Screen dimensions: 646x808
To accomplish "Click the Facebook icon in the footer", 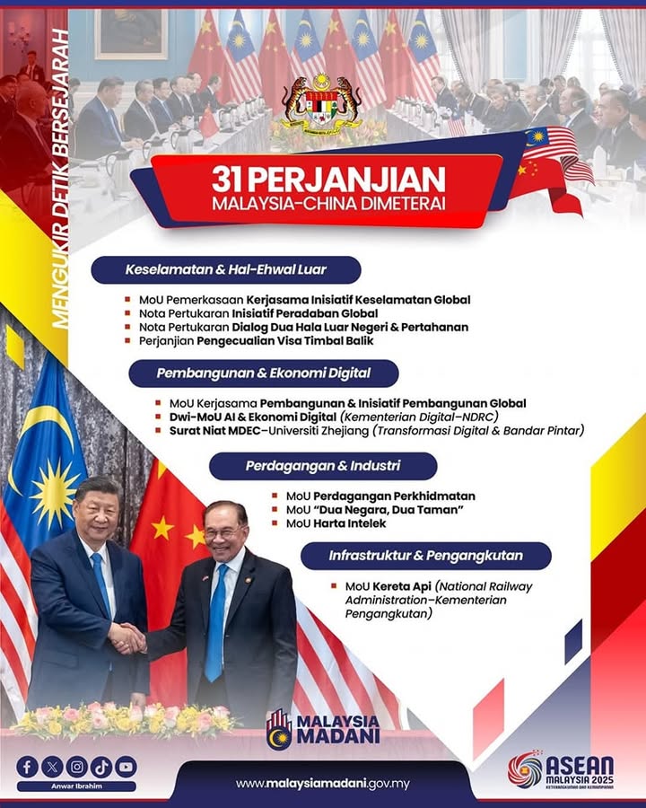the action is [27, 767].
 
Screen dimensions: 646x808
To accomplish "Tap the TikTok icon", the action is [101, 767].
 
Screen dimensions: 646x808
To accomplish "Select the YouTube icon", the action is [126, 767].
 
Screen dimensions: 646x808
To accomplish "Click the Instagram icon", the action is [77, 767].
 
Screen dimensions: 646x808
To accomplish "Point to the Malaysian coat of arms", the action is [321, 105].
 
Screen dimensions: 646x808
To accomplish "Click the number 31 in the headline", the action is [230, 179].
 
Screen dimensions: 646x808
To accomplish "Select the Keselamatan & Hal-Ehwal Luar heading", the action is [225, 269].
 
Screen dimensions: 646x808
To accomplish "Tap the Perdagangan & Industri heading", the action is [323, 466].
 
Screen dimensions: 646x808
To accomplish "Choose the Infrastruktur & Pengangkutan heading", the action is [426, 556].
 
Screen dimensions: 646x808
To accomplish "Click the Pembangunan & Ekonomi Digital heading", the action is [263, 373].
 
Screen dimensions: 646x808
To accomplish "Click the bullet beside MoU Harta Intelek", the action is [275, 523].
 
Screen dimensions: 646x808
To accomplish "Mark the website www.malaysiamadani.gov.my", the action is [323, 784].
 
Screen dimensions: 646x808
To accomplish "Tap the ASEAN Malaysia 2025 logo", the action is [561, 771].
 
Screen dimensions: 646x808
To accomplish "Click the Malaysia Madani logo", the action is [323, 729].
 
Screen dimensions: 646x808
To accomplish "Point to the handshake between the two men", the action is [127, 638].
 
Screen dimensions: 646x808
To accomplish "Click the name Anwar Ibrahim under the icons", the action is [77, 786].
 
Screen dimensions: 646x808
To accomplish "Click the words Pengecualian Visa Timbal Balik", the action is [285, 340].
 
